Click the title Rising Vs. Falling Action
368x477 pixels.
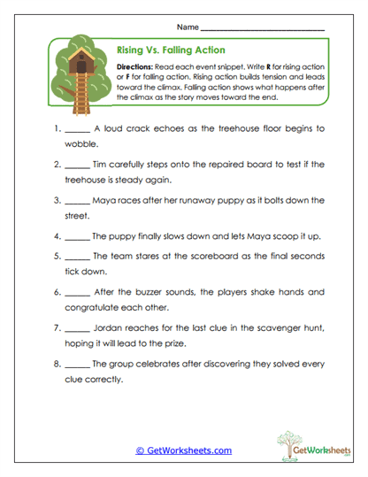tap(171, 50)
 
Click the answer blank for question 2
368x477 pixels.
tap(78, 165)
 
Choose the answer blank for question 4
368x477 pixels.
tap(78, 236)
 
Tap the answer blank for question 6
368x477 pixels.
tap(78, 293)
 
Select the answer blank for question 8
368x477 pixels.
tap(78, 364)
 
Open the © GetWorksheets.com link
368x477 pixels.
tap(183, 450)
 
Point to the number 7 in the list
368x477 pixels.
tap(56, 327)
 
